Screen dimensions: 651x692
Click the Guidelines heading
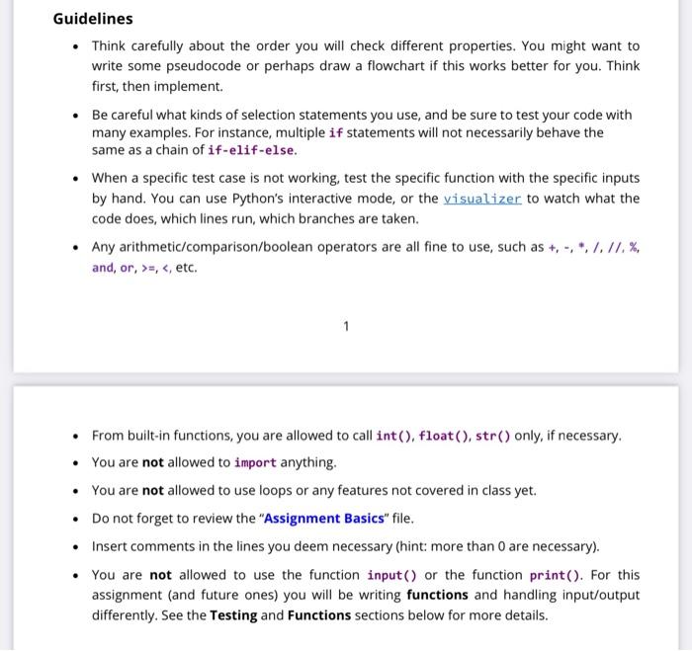[93, 19]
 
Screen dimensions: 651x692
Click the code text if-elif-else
[251, 150]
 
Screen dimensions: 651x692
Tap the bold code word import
[255, 462]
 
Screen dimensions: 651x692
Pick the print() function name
[562, 574]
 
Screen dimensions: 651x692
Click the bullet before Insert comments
[75, 546]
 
